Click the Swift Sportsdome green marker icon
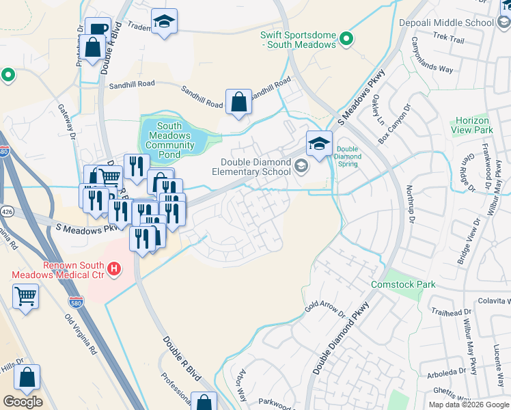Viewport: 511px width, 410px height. click(346, 39)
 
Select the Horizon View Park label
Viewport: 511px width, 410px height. click(472, 125)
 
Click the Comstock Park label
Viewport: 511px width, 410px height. click(403, 284)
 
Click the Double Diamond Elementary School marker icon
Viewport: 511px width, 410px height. click(300, 166)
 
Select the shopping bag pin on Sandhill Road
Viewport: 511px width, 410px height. click(238, 102)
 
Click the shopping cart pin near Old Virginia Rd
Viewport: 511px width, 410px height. click(25, 297)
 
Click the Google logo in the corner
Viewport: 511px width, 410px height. click(23, 402)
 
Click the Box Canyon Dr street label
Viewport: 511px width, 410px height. click(394, 124)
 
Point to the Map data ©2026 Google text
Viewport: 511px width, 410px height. click(469, 405)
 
